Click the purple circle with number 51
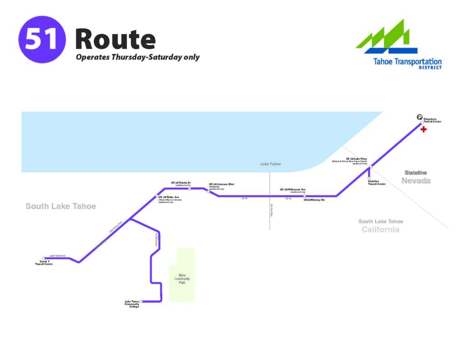click(x=42, y=39)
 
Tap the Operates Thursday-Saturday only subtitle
click(x=137, y=57)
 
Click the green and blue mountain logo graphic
click(x=387, y=38)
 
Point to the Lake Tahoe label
click(x=270, y=164)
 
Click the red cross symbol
click(x=424, y=130)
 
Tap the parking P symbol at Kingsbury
click(x=420, y=117)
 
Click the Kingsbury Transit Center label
click(x=432, y=121)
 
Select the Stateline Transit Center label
click(x=376, y=183)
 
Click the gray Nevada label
click(x=416, y=181)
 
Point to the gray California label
click(x=380, y=229)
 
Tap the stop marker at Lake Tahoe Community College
click(x=142, y=301)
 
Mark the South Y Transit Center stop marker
click(x=44, y=258)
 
